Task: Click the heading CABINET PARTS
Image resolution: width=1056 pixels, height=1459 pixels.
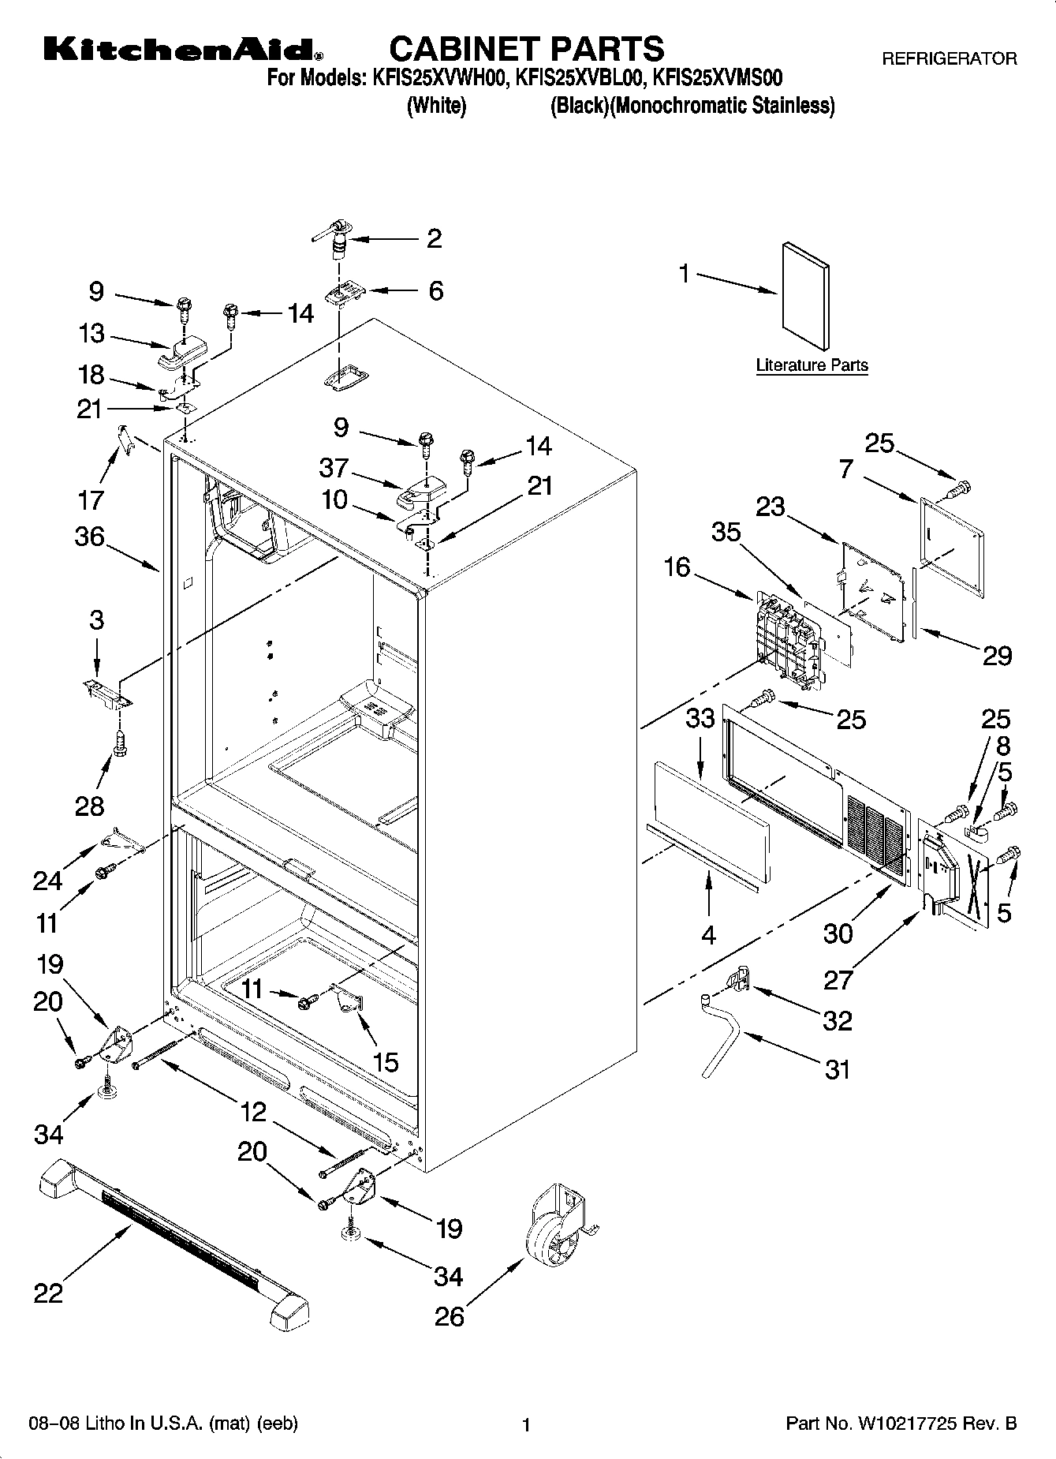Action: coord(527,49)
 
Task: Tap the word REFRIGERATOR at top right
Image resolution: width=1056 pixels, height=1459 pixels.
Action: coord(949,58)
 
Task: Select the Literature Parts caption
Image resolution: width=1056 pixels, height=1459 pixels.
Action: coord(812,365)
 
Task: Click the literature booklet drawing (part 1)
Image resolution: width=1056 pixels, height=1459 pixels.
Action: coord(805,296)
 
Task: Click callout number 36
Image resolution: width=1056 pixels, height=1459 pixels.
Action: coord(90,537)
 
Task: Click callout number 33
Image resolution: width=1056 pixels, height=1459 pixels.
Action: coord(700,718)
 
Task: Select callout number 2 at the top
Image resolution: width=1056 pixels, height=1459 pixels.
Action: coord(434,238)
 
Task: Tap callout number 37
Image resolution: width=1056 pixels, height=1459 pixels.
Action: coord(334,468)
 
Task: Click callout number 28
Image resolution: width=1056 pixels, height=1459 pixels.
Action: coord(90,806)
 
